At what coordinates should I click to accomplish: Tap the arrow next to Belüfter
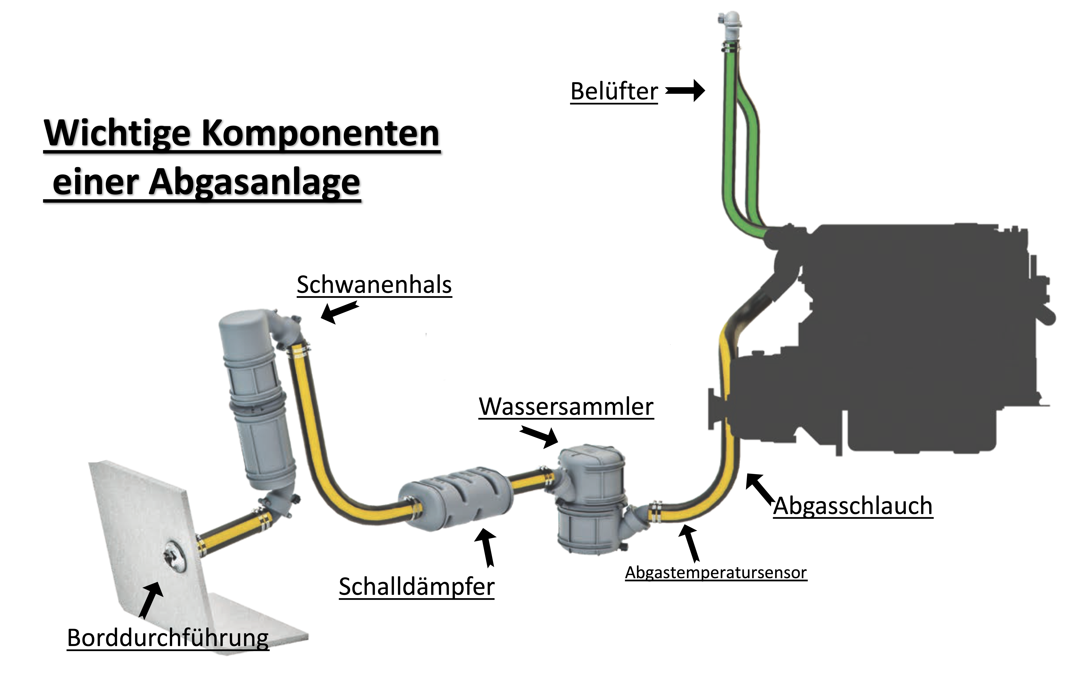[685, 91]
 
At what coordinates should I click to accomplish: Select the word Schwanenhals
[374, 285]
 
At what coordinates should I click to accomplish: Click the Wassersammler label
[566, 407]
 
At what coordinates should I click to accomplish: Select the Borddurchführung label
[168, 638]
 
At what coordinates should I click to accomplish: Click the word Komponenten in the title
[321, 134]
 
